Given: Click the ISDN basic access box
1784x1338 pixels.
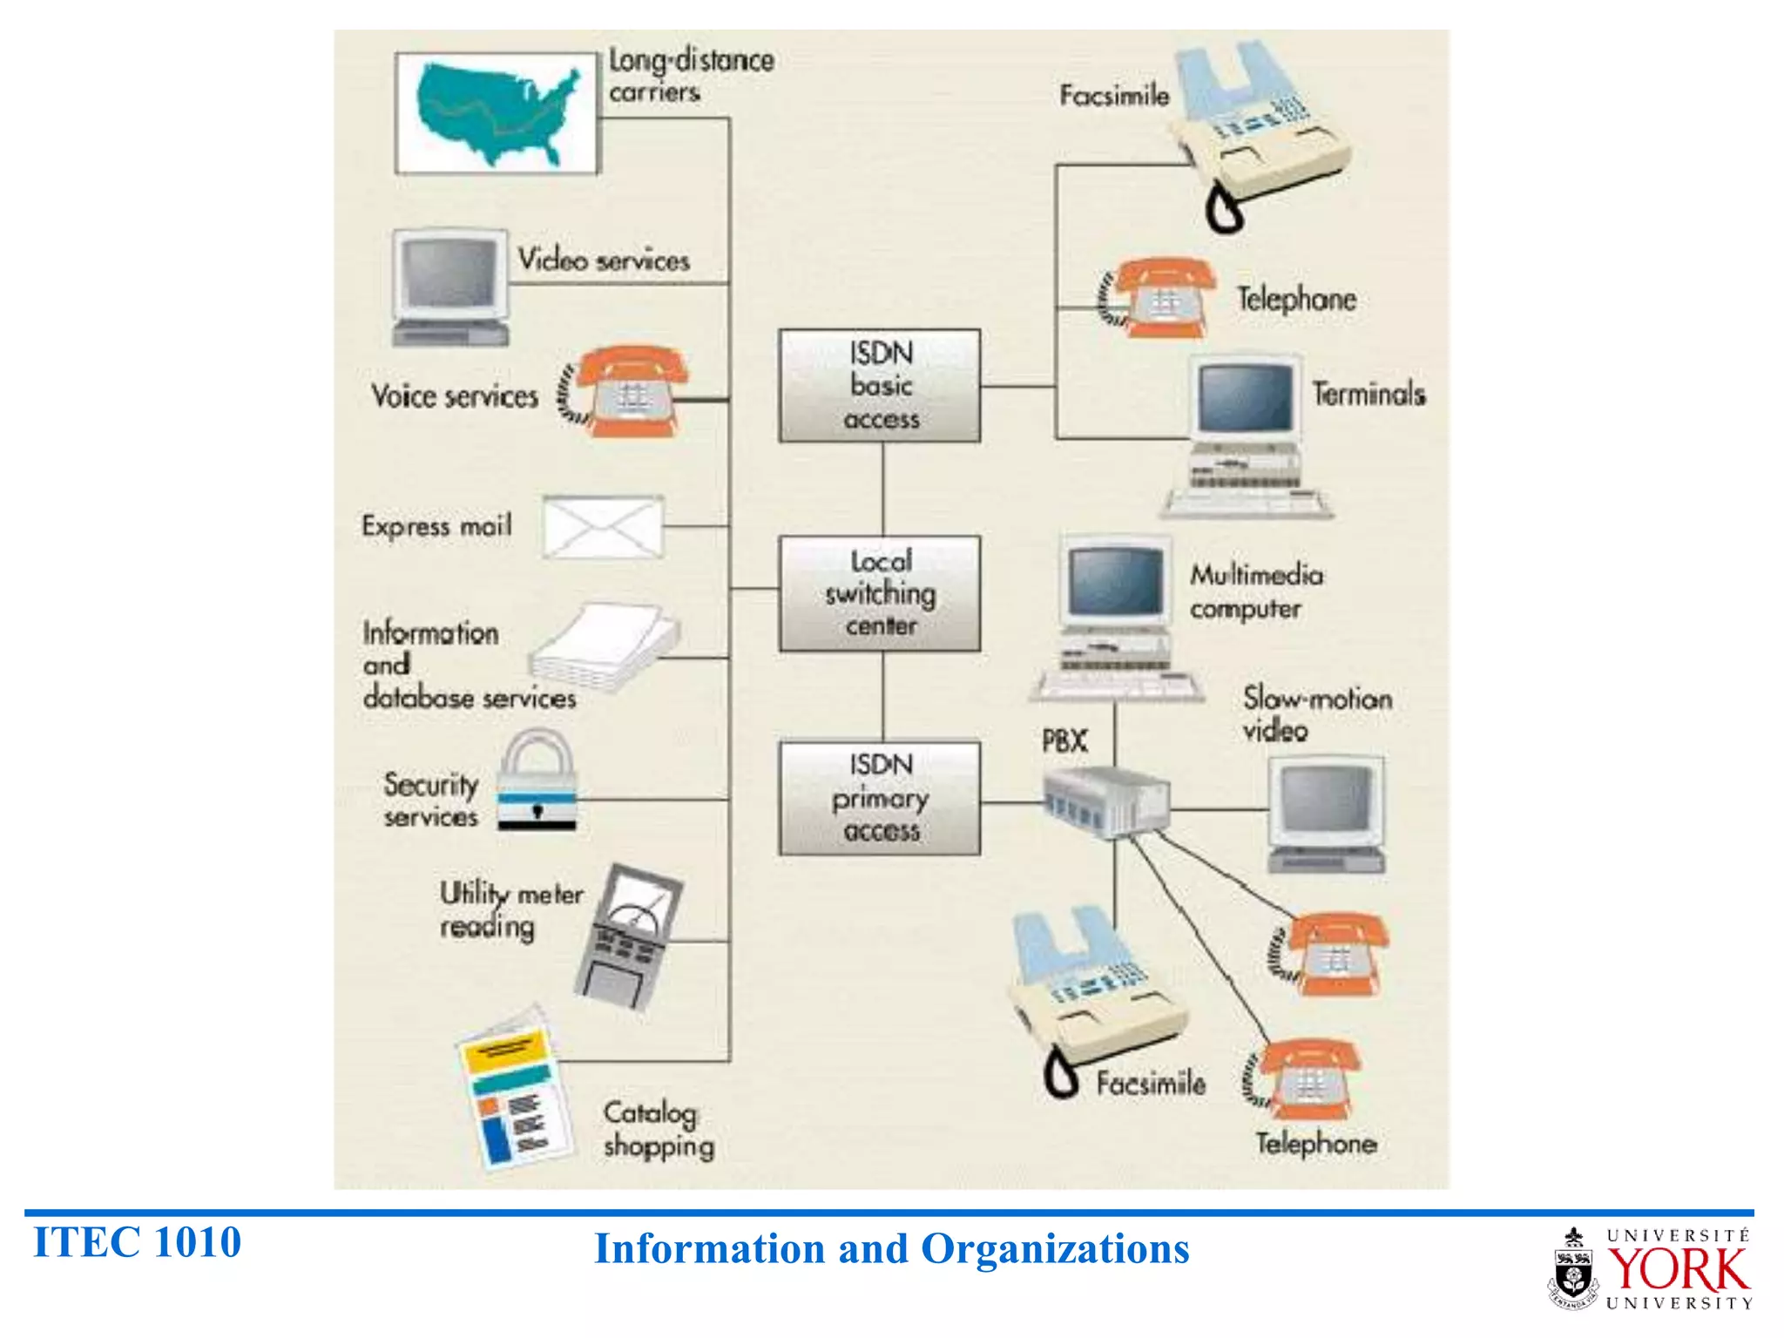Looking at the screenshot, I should (x=879, y=386).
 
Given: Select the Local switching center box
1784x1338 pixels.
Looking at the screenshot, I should (x=879, y=593).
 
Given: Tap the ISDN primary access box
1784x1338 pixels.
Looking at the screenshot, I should (x=879, y=798).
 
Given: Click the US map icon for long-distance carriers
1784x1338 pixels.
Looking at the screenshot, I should (x=497, y=113).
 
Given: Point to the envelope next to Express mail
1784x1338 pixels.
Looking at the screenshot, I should (x=602, y=527).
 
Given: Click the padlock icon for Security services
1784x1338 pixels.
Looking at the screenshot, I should (x=536, y=781).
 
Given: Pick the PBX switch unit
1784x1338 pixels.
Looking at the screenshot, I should (x=1106, y=801).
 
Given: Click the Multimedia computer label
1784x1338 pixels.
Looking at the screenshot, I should (x=1255, y=591).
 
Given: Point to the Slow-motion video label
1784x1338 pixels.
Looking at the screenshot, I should (x=1315, y=713).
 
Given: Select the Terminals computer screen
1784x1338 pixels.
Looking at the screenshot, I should (x=1246, y=397).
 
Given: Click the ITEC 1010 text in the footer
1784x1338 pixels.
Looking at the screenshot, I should (x=137, y=1242).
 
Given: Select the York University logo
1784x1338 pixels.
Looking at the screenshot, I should (x=1652, y=1268).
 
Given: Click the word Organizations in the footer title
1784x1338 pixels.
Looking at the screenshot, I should (x=1055, y=1249).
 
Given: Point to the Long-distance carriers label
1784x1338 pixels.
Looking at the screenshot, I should (x=689, y=76).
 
